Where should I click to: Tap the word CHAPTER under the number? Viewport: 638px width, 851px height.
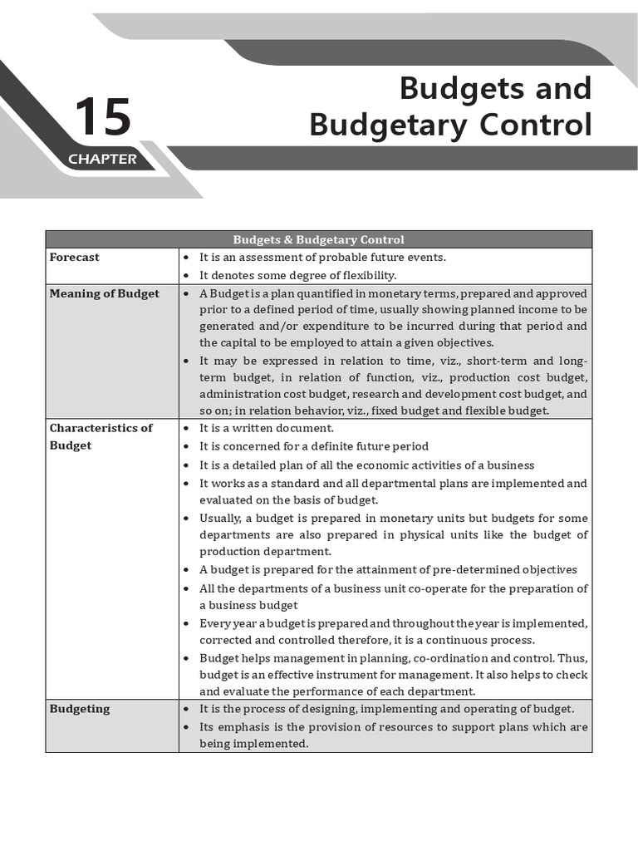coord(102,159)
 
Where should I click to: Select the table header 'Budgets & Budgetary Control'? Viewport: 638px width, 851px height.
coord(319,239)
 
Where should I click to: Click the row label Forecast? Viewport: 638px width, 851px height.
coord(74,258)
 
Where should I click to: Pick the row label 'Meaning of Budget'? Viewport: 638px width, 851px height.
coord(104,293)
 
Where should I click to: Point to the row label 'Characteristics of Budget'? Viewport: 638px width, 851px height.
coord(101,436)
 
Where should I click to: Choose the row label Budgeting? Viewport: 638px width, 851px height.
coord(79,709)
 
